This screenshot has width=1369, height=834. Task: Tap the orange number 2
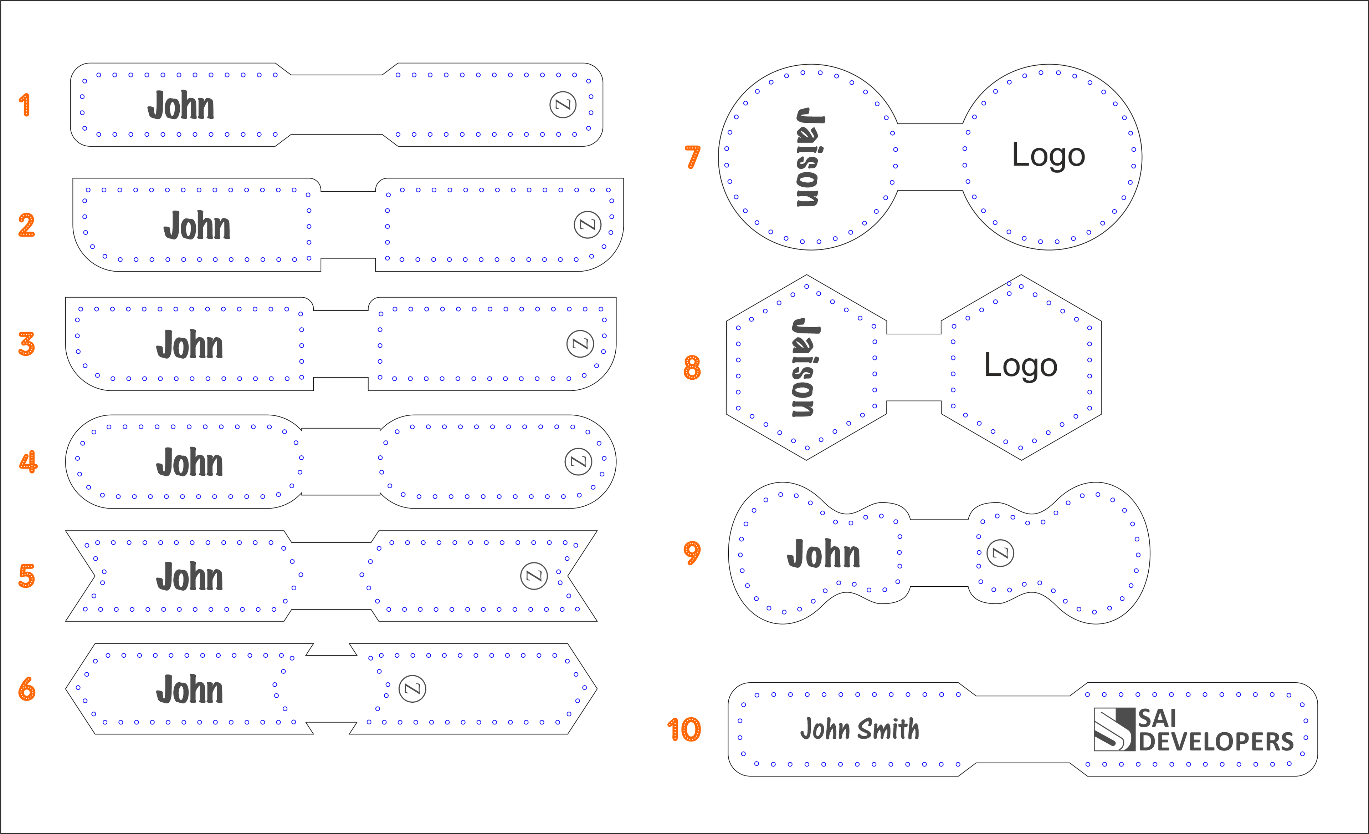click(x=26, y=225)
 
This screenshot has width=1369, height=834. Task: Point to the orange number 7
click(x=692, y=157)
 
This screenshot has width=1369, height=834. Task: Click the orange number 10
click(x=684, y=729)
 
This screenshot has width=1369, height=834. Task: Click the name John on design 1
click(x=180, y=106)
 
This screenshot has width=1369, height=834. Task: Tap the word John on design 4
click(x=189, y=463)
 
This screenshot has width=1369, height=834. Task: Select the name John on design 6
click(x=189, y=689)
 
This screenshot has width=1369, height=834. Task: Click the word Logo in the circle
click(x=1048, y=155)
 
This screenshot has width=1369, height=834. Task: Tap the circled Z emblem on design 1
click(x=563, y=105)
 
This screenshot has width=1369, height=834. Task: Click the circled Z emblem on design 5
click(x=534, y=576)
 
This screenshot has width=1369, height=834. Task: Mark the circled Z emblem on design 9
click(x=1000, y=553)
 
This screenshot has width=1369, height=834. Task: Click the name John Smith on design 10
click(x=860, y=729)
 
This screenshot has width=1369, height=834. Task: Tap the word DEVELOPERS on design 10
click(x=1216, y=742)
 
